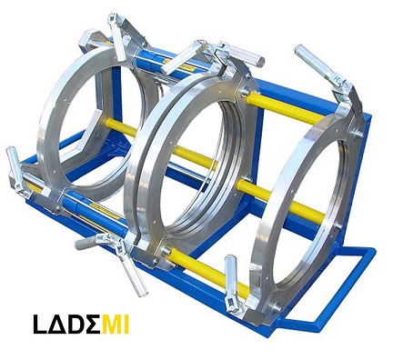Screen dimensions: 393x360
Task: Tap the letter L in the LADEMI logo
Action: click(40, 325)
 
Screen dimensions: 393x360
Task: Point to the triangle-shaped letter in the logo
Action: click(57, 325)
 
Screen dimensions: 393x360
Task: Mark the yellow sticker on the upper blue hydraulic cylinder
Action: click(179, 65)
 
